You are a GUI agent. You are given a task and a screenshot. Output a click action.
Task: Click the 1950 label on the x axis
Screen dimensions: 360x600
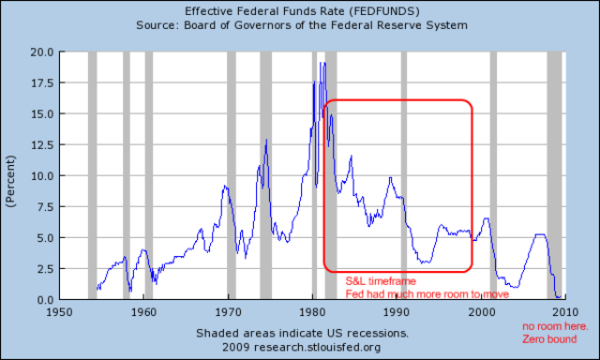click(59, 311)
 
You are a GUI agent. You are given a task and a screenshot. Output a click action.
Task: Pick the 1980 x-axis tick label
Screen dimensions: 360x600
click(313, 311)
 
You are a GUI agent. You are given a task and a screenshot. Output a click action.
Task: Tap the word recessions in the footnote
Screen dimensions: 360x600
click(375, 333)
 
